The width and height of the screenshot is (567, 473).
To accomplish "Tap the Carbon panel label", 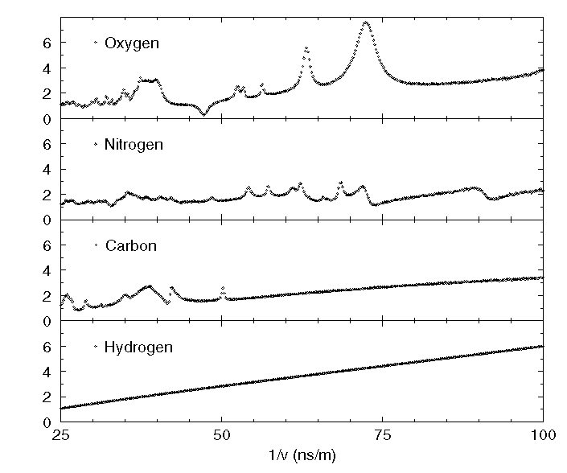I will (x=130, y=245).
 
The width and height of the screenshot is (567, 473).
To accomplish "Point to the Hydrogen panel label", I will (x=138, y=348).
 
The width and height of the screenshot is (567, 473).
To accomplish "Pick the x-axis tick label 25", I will (x=60, y=436).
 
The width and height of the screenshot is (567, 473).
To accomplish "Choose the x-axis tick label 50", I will (x=222, y=436).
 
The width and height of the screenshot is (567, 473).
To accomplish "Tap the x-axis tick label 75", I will (x=382, y=436).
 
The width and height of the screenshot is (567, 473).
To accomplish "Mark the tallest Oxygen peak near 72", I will (x=367, y=23).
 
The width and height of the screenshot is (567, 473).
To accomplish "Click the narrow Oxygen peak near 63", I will (x=306, y=49).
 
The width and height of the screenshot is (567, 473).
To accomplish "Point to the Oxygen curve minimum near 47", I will (x=203, y=115).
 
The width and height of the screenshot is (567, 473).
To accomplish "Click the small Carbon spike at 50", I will (x=223, y=289).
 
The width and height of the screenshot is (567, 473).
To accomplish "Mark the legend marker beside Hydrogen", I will (x=96, y=348).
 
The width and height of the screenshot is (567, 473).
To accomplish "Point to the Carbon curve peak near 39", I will (x=149, y=286).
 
